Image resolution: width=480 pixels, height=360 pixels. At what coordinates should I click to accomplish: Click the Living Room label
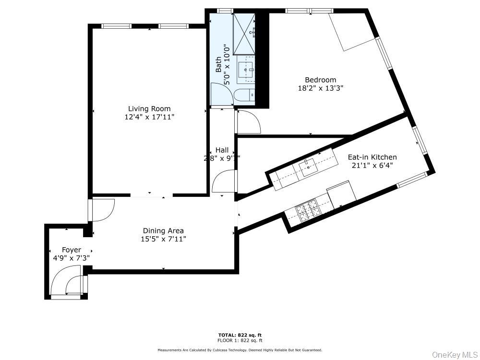[x=149, y=108]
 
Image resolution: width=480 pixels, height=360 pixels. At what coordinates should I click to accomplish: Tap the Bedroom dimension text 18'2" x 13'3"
[x=320, y=88]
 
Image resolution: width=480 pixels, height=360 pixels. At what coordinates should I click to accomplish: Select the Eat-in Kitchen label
[x=372, y=157]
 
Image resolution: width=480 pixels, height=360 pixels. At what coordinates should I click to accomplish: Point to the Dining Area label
[x=163, y=230]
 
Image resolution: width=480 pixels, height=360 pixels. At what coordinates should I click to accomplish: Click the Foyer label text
[x=71, y=250]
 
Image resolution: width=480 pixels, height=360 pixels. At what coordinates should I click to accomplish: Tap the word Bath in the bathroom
[x=219, y=65]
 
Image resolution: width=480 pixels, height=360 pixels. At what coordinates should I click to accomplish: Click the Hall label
[x=222, y=150]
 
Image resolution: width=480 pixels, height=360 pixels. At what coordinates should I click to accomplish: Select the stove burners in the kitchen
[x=306, y=210]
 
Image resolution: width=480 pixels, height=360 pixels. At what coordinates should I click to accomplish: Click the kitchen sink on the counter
[x=307, y=167]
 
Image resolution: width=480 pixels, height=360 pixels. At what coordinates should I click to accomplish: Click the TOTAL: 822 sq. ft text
[x=240, y=335]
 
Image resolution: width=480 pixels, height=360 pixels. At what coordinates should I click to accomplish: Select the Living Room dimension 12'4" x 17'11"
[x=149, y=117]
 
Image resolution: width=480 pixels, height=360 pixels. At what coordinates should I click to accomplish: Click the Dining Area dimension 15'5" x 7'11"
[x=163, y=239]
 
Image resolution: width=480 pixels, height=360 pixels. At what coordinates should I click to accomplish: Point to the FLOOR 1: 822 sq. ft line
[x=240, y=340]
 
